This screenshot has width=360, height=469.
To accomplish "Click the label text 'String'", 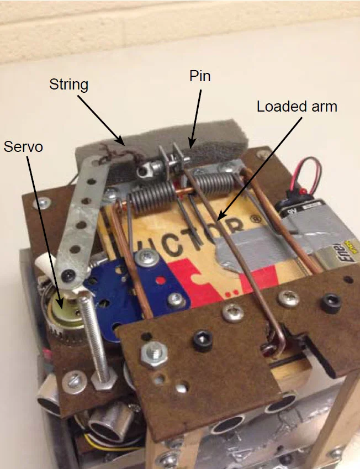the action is coord(68,85).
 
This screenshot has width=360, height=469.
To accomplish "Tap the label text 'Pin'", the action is coord(200,76).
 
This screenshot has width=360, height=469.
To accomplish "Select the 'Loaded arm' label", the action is coord(297,106).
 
